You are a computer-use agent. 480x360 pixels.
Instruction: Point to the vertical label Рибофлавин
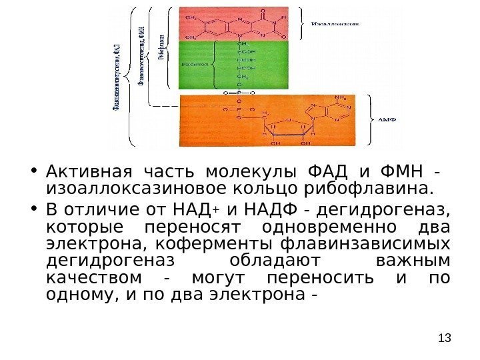(161, 47)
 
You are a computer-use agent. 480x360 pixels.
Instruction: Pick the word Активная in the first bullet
(73, 167)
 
